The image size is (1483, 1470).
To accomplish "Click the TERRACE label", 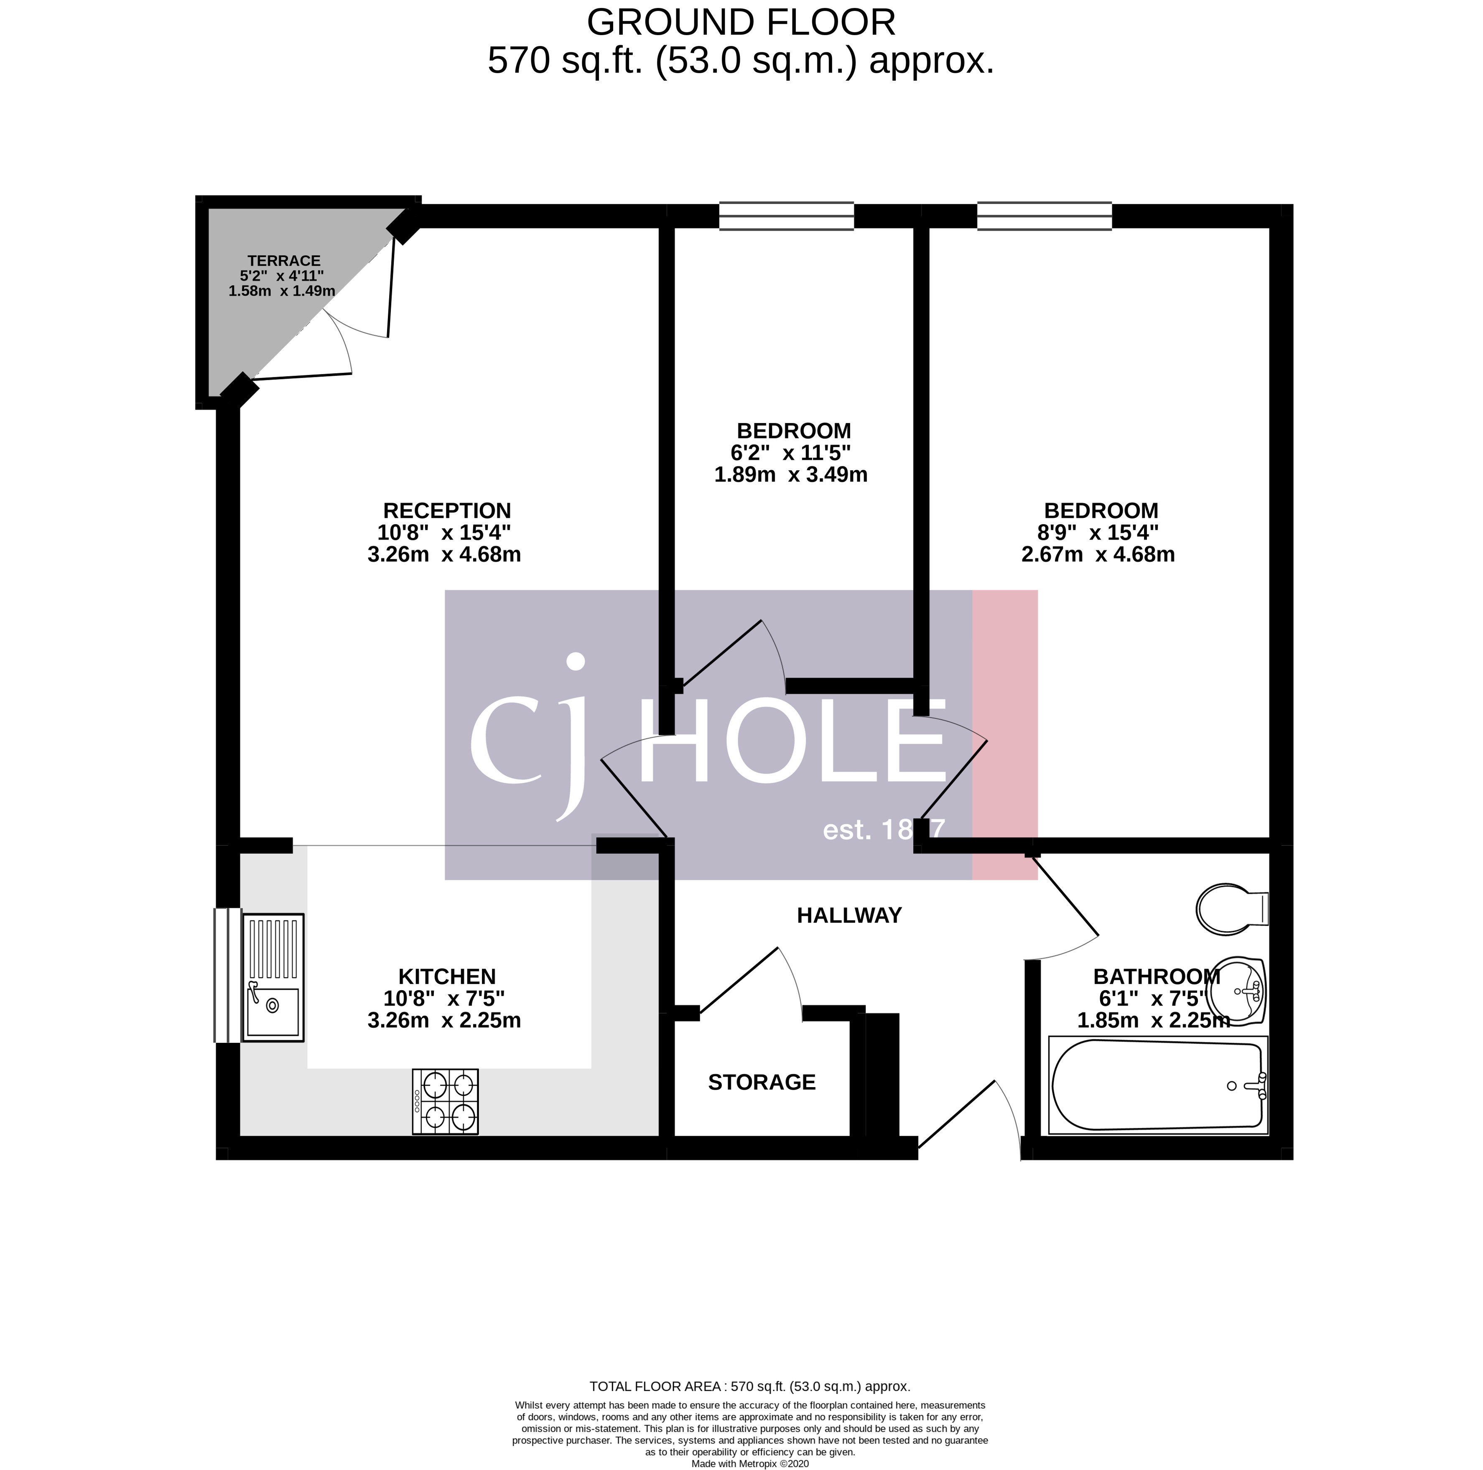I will [283, 261].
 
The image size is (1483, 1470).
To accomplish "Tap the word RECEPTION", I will [447, 510].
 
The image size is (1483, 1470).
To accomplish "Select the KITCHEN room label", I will [447, 976].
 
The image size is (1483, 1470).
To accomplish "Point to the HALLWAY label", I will [849, 915].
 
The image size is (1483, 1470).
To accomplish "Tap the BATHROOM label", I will [1156, 976].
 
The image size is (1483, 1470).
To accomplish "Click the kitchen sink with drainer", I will [273, 977].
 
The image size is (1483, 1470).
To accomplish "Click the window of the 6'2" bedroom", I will [786, 216].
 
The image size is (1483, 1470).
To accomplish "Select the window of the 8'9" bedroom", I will [1044, 216].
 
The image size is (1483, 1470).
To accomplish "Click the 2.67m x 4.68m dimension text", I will [1098, 554].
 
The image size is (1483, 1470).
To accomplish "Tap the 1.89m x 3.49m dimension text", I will [791, 474].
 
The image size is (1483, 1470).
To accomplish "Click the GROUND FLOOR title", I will [741, 23].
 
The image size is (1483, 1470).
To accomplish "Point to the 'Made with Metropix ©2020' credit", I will [750, 1464].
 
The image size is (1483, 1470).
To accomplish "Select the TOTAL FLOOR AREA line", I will [750, 1408].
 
